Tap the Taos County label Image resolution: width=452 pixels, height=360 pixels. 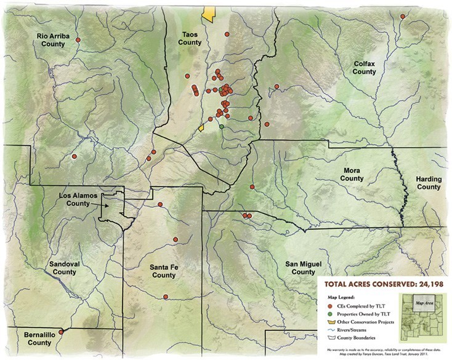tap(190, 38)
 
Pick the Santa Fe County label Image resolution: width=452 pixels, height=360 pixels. tap(163, 271)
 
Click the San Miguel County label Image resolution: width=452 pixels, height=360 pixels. tap(303, 268)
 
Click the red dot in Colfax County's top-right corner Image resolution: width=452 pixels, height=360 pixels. tap(403, 17)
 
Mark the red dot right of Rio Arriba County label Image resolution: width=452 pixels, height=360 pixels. tap(78, 40)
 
